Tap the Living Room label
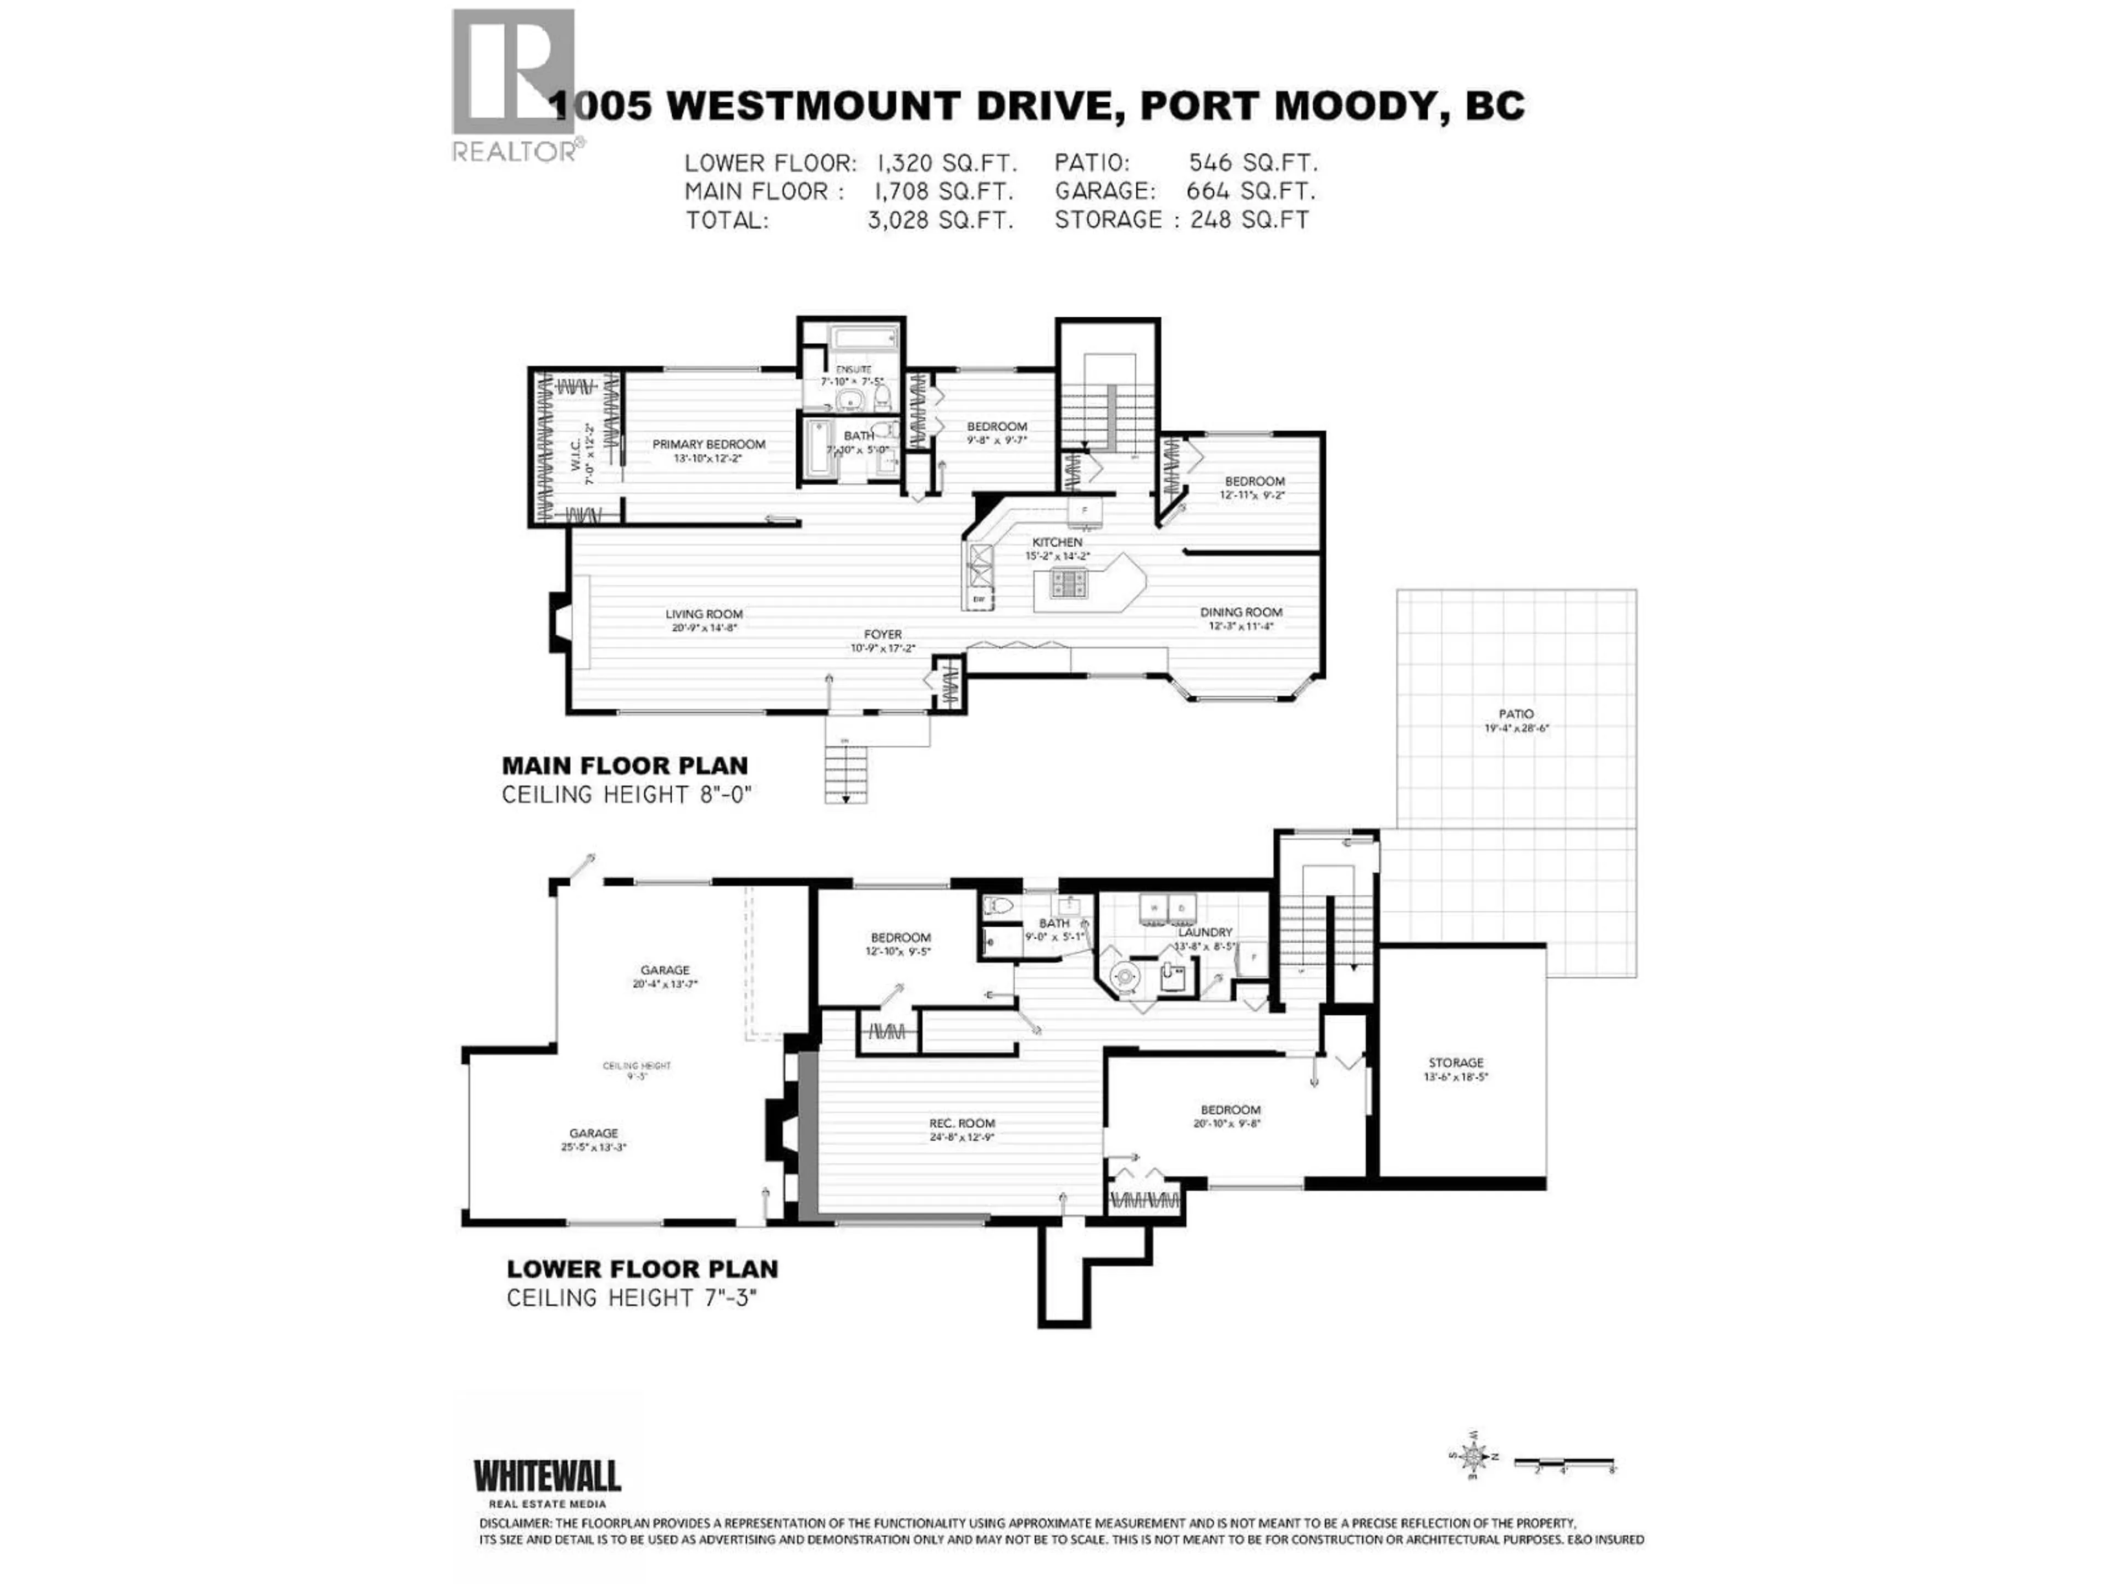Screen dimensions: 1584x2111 click(x=704, y=614)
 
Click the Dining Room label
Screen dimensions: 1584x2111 click(x=1241, y=612)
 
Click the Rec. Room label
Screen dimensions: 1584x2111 click(x=962, y=1123)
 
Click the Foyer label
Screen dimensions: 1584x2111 click(x=883, y=634)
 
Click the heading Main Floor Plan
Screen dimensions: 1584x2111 click(x=625, y=765)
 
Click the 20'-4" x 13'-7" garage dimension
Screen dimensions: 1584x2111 click(x=665, y=983)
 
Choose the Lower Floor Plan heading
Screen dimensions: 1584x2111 click(x=642, y=1269)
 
